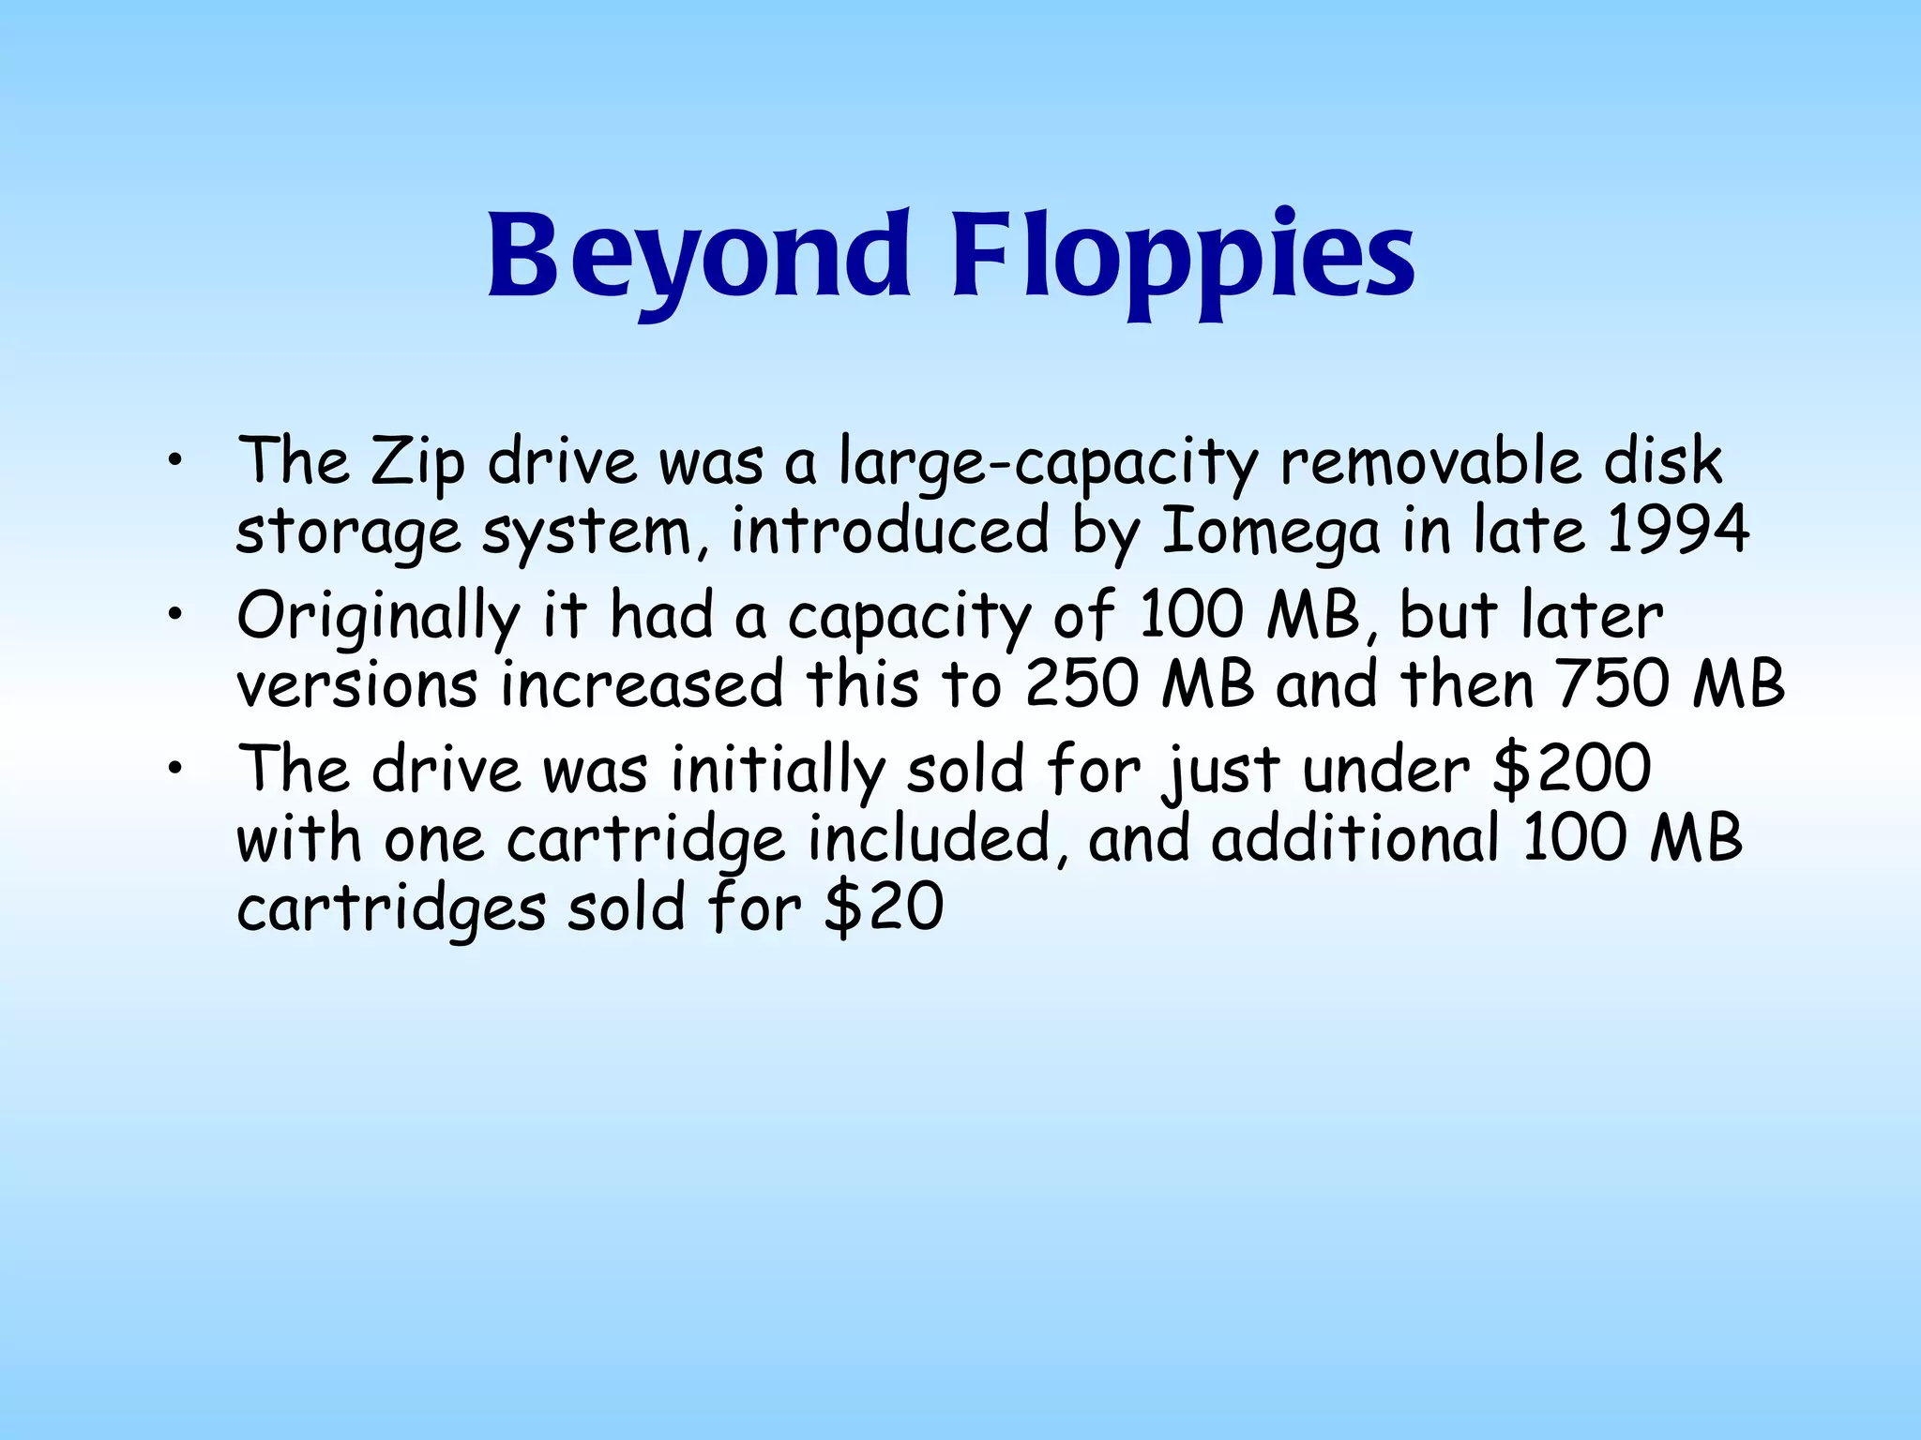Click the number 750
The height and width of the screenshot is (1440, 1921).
click(1614, 684)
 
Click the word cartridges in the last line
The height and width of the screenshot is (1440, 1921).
click(391, 909)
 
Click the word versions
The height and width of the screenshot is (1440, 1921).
click(357, 685)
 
